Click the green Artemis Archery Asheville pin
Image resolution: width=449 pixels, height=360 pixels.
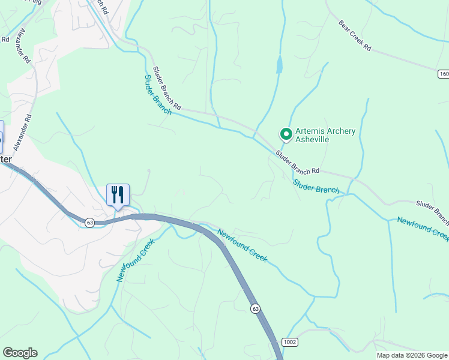point(286,134)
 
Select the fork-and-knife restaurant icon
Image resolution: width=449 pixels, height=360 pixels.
point(118,194)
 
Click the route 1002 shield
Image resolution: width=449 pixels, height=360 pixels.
point(290,342)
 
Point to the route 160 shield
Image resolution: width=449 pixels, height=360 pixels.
point(443,74)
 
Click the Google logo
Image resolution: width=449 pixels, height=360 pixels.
point(20,353)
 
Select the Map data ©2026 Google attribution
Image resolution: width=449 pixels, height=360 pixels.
point(412,355)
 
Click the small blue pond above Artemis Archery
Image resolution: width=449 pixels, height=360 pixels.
point(279,65)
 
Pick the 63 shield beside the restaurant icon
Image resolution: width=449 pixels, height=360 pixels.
point(89,222)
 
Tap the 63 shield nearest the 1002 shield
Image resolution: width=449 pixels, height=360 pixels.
point(256,308)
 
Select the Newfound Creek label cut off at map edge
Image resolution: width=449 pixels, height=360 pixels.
point(423,229)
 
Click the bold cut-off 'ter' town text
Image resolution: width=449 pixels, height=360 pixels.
point(5,159)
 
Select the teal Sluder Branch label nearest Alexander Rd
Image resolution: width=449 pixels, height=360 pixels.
point(158,95)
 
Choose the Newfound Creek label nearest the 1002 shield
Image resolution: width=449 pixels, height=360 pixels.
point(241,245)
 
